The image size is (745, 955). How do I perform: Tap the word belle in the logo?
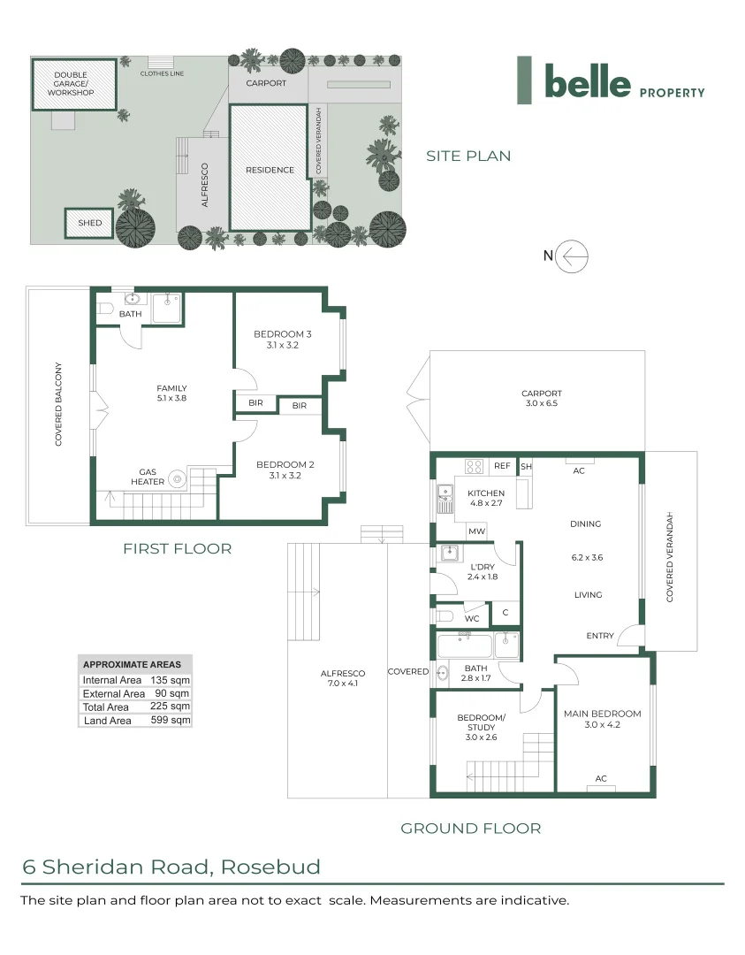click(x=588, y=82)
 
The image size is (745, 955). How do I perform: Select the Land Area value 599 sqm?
click(x=170, y=721)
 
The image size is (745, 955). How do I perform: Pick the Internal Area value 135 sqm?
click(x=170, y=680)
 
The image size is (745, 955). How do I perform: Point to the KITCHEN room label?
click(x=486, y=493)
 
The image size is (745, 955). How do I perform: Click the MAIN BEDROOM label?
click(x=602, y=714)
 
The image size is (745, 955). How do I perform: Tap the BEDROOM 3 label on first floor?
click(x=283, y=333)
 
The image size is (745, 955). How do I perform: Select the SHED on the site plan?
click(x=89, y=223)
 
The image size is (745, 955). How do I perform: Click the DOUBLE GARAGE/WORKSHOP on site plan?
click(x=74, y=85)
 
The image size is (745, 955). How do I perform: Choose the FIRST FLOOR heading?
click(x=177, y=549)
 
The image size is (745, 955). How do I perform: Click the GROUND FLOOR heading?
click(x=470, y=829)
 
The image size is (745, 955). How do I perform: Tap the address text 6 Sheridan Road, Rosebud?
click(x=171, y=867)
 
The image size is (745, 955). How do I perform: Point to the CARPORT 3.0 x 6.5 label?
click(x=541, y=398)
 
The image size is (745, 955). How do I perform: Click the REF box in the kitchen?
click(x=502, y=466)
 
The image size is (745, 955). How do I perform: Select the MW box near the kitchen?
click(x=476, y=531)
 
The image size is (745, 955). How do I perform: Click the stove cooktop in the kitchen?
click(x=474, y=466)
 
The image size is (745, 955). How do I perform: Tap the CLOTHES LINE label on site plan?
click(x=162, y=73)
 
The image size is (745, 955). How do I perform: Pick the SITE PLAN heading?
click(x=468, y=156)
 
